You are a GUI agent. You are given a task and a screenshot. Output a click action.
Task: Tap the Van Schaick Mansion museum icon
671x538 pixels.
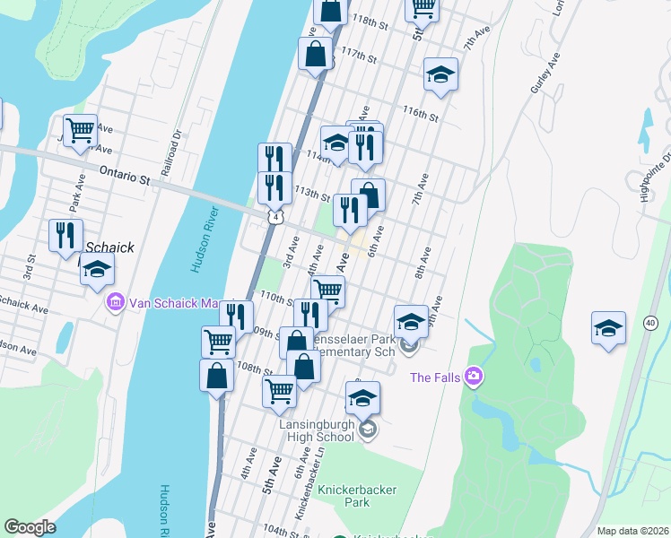115,303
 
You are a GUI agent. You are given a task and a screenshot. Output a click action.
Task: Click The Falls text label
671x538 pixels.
435,377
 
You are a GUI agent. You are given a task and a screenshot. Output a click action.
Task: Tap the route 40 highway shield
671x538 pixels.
650,322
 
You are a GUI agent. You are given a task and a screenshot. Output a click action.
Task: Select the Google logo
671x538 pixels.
30,527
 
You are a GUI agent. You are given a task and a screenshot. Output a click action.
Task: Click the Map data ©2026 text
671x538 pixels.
633,531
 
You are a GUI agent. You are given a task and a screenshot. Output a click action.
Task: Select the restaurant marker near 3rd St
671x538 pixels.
65,236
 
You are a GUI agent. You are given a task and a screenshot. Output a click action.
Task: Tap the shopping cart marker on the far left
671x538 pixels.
80,131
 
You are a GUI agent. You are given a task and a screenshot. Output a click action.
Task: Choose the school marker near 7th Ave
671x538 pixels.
440,75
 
